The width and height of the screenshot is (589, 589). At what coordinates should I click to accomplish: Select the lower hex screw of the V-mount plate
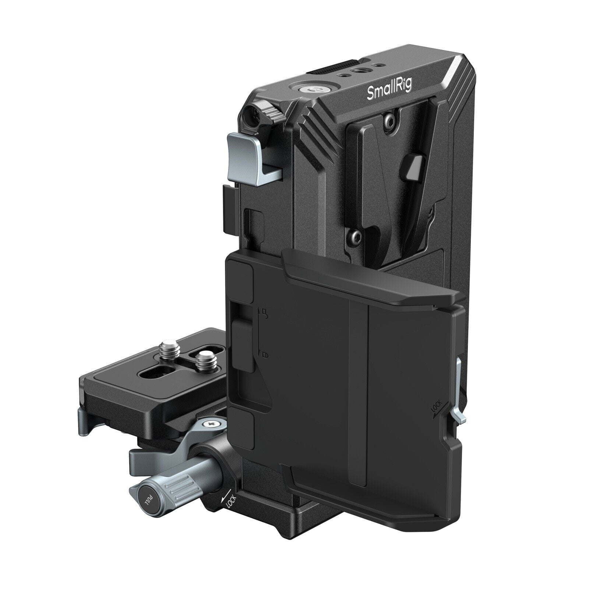coord(354,234)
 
